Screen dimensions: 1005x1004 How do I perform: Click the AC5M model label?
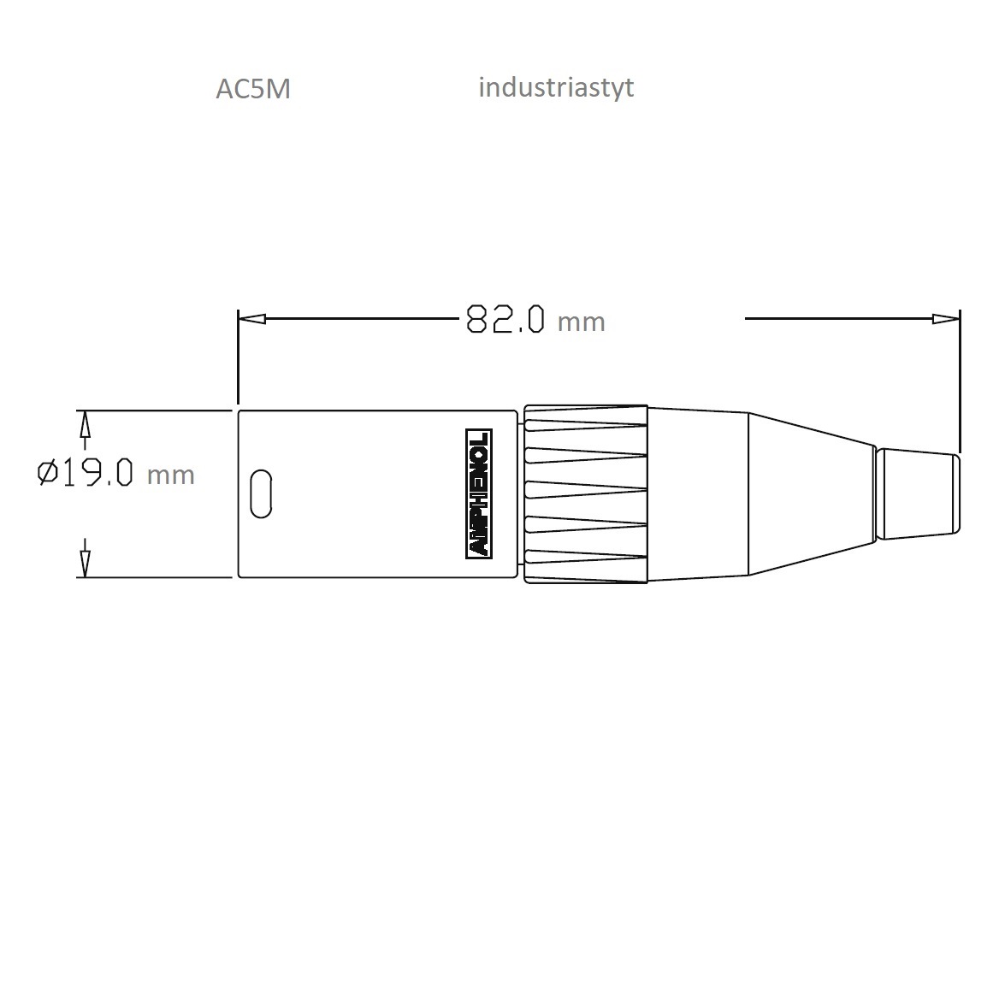point(253,89)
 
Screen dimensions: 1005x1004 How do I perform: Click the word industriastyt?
point(556,88)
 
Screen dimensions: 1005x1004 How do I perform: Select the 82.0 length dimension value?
point(505,318)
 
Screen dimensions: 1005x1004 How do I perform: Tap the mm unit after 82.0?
point(582,322)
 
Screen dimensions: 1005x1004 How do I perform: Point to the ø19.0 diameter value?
point(86,473)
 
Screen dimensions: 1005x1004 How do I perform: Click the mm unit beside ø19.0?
point(170,475)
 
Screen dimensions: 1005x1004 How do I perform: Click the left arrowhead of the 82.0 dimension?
point(251,318)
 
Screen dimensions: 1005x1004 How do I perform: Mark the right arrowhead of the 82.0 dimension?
point(946,318)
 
